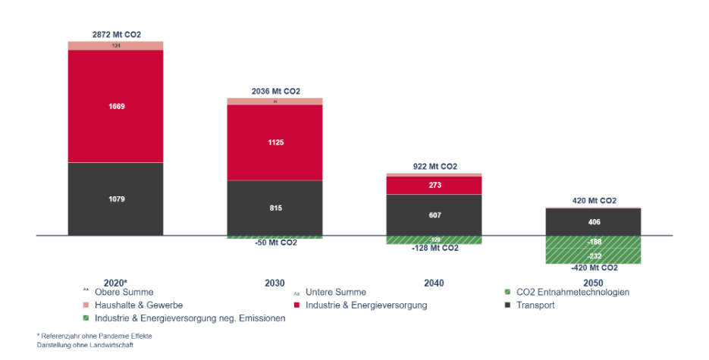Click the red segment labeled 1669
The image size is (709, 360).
pos(115,106)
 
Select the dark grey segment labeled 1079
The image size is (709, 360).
pos(115,199)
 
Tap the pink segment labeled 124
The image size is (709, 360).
pos(115,45)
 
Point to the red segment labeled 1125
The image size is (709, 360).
pos(275,142)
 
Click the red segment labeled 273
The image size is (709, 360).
pos(434,185)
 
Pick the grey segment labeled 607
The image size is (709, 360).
pos(434,214)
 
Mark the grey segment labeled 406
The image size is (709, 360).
pos(593,221)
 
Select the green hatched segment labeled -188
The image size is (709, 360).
pos(593,243)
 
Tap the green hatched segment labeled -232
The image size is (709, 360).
pos(593,257)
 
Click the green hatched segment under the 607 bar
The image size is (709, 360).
pos(434,240)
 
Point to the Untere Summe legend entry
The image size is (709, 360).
pos(336,292)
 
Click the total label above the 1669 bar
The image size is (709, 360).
pos(116,34)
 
